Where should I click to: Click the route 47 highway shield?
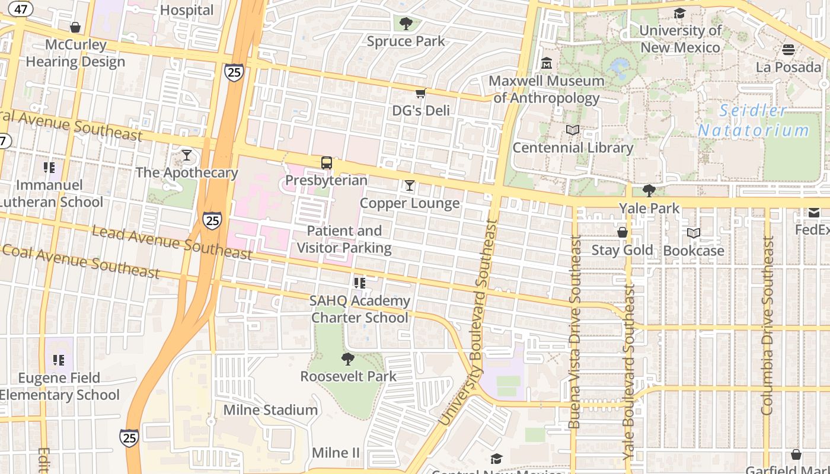(21, 9)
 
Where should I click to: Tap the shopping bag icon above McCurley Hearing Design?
(75, 27)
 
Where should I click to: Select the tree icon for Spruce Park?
(406, 24)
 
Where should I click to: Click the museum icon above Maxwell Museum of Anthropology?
(547, 63)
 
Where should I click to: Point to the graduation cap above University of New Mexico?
(679, 13)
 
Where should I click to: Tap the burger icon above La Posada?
(788, 49)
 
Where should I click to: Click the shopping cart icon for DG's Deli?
(420, 93)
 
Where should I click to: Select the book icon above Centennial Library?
(573, 130)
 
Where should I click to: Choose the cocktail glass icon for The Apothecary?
(187, 155)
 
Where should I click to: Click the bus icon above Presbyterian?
(326, 163)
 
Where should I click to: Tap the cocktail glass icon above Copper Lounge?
(410, 185)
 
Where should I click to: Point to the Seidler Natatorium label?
(753, 120)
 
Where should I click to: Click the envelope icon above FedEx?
(814, 212)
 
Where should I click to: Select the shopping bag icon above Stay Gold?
(622, 232)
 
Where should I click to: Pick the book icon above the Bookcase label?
(694, 233)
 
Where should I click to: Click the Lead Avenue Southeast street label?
(172, 241)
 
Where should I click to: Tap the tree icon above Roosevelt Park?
(348, 358)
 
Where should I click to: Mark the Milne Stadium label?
(270, 410)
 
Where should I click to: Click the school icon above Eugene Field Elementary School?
(59, 360)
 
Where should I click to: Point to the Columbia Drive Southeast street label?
(768, 326)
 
